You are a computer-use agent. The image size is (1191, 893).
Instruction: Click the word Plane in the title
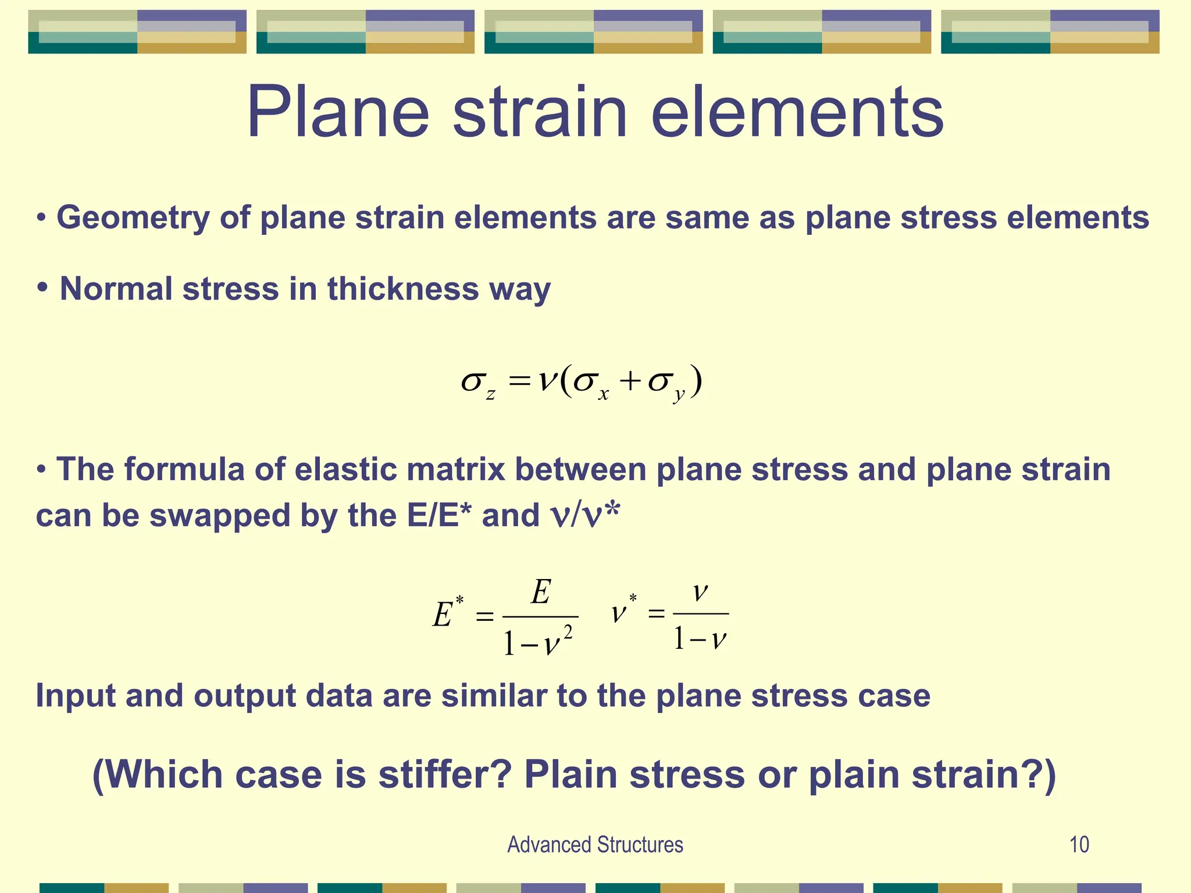[x=337, y=112]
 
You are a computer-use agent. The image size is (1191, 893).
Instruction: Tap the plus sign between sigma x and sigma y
[x=629, y=382]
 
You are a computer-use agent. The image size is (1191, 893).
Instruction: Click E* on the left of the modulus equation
[x=446, y=613]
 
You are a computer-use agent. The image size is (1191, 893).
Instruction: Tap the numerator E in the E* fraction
[x=540, y=593]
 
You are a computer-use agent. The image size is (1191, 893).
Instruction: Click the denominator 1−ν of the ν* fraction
[x=700, y=640]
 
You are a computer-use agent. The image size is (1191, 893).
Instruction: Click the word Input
[x=76, y=695]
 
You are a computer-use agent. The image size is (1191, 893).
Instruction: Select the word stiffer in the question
[x=444, y=775]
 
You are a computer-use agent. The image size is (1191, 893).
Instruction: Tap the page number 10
[x=1079, y=845]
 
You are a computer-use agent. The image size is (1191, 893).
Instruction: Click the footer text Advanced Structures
[x=595, y=845]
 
